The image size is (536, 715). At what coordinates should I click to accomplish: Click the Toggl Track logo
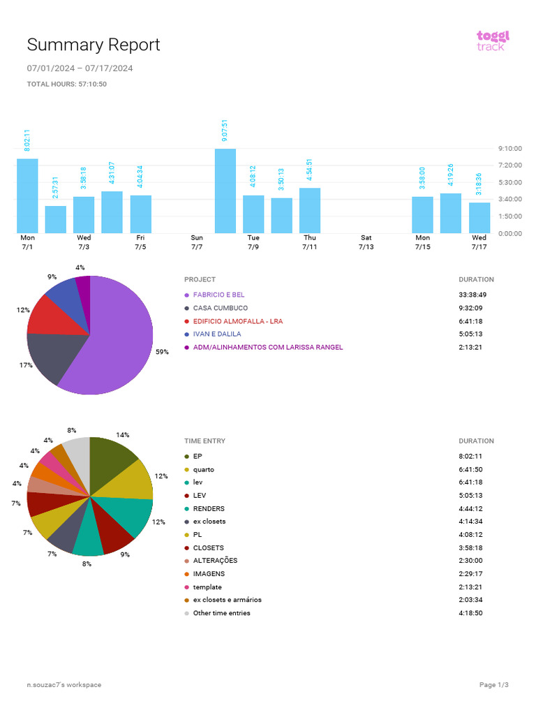493,40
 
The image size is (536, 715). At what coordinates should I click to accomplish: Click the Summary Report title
94,45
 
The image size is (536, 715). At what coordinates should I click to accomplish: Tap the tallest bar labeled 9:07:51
225,191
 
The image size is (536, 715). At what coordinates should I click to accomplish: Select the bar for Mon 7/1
27,196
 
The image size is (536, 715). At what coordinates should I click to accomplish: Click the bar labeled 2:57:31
56,219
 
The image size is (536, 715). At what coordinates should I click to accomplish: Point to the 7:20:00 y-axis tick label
509,165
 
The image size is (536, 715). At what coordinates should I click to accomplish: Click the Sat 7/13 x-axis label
366,242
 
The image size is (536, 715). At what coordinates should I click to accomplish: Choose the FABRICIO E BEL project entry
218,295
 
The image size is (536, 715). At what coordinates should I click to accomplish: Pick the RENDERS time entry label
209,509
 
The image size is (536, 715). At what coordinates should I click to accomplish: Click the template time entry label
207,587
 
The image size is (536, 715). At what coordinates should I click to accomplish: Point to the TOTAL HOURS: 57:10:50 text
66,84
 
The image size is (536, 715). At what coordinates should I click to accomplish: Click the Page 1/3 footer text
494,685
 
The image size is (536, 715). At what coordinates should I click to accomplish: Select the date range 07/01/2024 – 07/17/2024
80,68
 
